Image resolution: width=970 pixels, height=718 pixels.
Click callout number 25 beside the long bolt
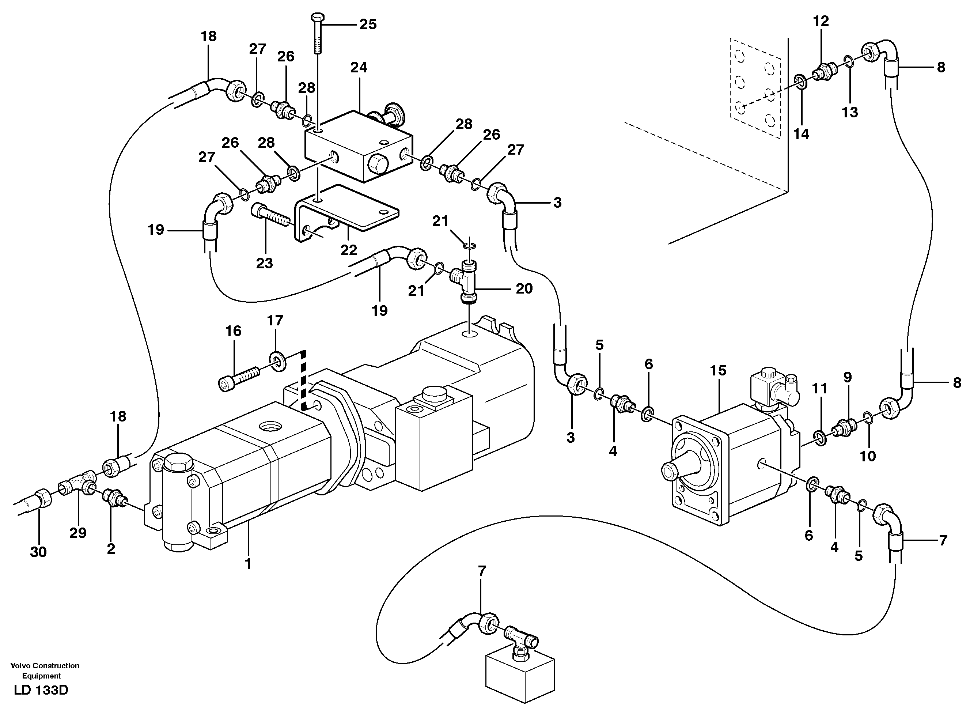click(368, 24)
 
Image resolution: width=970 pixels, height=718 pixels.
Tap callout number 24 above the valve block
click(359, 67)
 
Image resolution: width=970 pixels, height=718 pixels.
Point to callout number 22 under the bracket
click(348, 250)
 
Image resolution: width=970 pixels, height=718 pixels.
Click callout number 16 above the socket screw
click(233, 331)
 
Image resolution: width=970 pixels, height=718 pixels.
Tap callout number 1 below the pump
click(248, 564)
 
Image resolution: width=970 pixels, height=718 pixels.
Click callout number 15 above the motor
click(718, 370)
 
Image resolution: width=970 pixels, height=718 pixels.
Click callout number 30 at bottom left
click(38, 552)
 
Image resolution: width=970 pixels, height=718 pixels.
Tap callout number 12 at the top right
click(821, 21)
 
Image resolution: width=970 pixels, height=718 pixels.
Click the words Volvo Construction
click(45, 665)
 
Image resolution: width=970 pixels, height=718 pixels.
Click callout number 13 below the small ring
click(850, 112)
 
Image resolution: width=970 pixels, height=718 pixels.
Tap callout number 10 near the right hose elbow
click(868, 456)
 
